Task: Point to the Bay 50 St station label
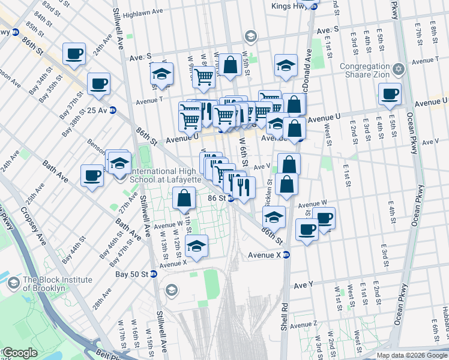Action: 131,274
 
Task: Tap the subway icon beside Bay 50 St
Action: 154,274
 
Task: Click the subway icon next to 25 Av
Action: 112,110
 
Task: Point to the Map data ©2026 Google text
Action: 412,355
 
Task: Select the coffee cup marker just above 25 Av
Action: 98,84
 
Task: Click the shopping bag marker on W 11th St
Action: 184,198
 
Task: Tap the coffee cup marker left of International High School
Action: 92,176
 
